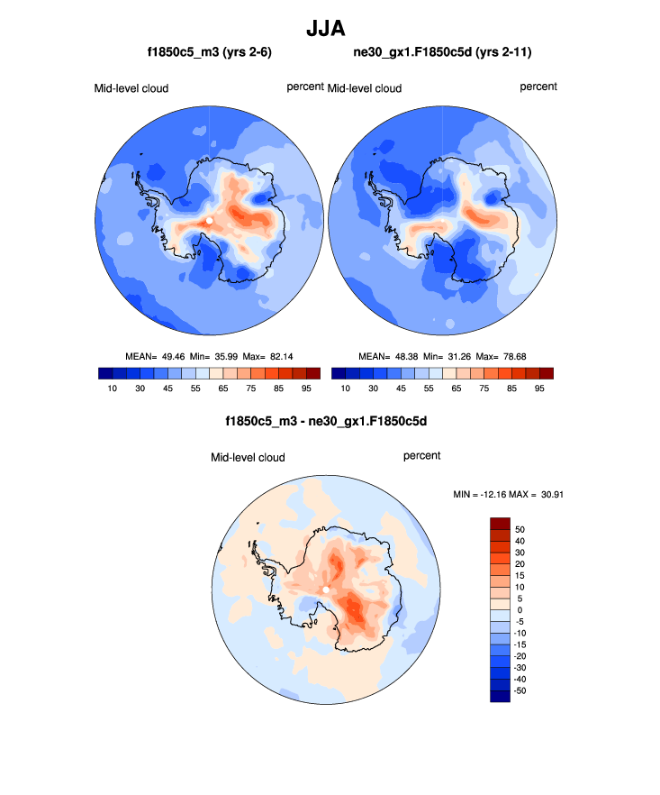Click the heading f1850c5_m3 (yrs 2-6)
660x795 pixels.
click(211, 53)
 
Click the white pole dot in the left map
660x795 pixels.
click(209, 220)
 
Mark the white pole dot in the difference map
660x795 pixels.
click(326, 590)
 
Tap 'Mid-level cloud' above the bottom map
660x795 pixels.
click(248, 458)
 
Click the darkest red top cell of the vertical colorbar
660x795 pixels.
click(500, 523)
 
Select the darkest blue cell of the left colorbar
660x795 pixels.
click(104, 373)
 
